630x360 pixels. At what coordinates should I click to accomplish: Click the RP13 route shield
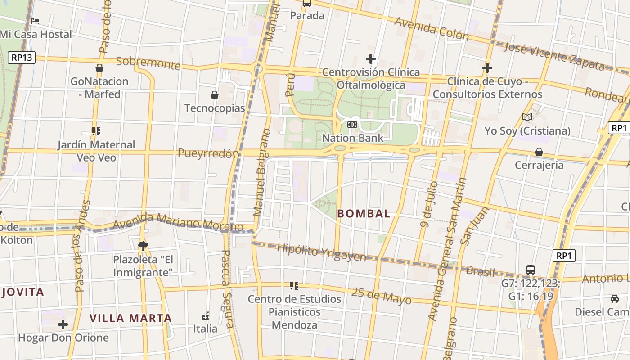coord(22,57)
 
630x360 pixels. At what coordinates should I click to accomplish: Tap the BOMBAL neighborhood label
coord(364,214)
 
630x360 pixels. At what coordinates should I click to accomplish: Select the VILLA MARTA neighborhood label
coord(130,318)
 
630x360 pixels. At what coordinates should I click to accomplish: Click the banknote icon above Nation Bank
coord(352,124)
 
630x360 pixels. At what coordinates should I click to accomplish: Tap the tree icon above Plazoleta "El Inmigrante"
coord(143,246)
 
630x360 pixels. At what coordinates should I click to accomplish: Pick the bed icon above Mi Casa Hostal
coord(35,21)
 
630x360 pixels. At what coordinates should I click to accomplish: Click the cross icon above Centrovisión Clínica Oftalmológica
coord(371,59)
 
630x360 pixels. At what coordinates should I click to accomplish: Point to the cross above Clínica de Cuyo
coord(487,68)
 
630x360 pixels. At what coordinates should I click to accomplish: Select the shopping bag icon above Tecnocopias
coord(215,95)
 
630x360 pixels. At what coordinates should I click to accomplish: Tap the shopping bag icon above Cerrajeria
coord(539,152)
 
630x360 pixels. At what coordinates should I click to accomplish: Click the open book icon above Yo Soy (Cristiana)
coord(527,117)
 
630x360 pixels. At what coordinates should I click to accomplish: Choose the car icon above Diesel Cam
coord(615,298)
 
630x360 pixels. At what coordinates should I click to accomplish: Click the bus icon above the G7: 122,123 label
coord(531,270)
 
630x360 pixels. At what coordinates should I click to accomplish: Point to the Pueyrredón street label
coord(208,153)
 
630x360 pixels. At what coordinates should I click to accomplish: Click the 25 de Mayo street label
coord(381,296)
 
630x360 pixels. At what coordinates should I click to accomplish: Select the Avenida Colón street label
coord(431,28)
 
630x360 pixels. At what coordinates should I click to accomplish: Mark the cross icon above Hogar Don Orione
coord(63,324)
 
